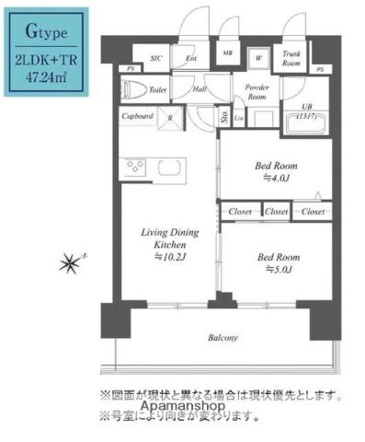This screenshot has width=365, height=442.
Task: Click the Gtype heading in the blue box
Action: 46,35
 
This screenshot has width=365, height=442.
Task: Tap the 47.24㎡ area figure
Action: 46,78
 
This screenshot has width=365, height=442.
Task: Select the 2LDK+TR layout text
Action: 46,61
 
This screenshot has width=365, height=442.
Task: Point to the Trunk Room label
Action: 291,59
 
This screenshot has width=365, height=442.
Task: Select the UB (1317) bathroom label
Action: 308,112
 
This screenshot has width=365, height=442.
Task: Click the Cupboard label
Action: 137,116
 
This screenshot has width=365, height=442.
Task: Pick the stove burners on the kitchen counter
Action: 135,169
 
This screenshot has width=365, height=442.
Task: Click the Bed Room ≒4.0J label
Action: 277,172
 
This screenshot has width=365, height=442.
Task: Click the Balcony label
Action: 222,339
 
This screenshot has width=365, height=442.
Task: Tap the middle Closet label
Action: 276,212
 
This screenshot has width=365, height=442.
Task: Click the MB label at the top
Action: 227,55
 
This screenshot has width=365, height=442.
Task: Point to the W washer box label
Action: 259,57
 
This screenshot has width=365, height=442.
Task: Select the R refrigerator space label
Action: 168,118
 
